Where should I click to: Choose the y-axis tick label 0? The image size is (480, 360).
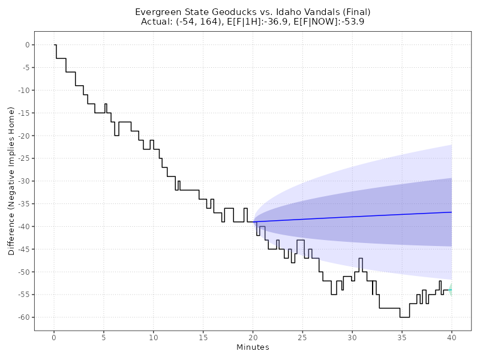pyautogui.click(x=27, y=45)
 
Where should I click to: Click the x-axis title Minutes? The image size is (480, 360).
pyautogui.click(x=253, y=347)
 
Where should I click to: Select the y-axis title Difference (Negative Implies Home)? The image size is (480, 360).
pyautogui.click(x=11, y=181)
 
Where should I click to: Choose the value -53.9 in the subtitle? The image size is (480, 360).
pyautogui.click(x=352, y=22)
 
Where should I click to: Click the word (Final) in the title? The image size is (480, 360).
pyautogui.click(x=353, y=12)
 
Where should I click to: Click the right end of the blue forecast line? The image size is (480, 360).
pyautogui.click(x=451, y=212)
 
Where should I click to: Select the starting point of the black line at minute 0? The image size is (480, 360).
pyautogui.click(x=54, y=45)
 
